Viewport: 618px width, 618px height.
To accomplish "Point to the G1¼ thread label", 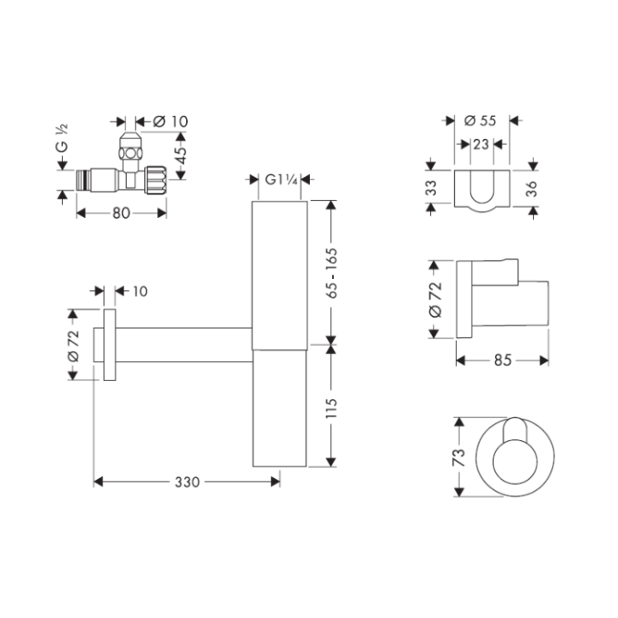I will click(281, 179).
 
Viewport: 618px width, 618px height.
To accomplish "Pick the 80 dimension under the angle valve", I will click(120, 213).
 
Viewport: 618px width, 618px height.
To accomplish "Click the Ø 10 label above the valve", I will click(170, 121).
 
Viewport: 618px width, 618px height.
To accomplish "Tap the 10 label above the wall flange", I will click(139, 292).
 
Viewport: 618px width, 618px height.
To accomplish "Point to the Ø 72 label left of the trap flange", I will click(75, 344).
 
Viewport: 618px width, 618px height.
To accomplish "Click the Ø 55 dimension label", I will click(481, 121).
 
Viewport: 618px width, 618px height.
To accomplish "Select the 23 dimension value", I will click(481, 145).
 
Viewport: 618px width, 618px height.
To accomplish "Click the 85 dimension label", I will click(503, 360).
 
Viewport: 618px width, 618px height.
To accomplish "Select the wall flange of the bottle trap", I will click(107, 344).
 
